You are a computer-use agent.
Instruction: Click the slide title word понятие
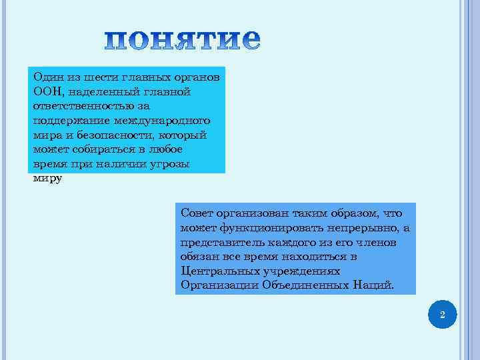coord(182,41)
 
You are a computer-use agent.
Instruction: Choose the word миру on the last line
coord(47,179)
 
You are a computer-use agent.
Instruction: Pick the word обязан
coord(199,257)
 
